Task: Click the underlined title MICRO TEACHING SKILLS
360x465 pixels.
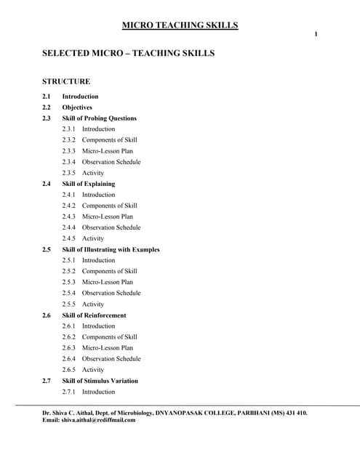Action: tap(180, 25)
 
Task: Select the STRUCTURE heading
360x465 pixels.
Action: tap(66, 81)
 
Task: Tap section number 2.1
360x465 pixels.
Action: tap(47, 97)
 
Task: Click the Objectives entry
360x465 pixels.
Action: tap(77, 108)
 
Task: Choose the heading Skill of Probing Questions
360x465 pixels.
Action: tap(99, 118)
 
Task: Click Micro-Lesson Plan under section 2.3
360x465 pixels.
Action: tap(107, 151)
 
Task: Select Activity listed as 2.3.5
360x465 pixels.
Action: tap(92, 173)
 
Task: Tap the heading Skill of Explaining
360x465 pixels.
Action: tap(88, 184)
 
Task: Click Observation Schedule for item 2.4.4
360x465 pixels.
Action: tap(111, 227)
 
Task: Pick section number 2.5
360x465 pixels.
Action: tap(47, 250)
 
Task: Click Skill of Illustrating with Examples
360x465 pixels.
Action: tap(111, 250)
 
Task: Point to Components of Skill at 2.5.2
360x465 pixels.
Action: tap(109, 271)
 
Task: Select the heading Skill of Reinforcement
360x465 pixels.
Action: tap(94, 315)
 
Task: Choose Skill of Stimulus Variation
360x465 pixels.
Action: tap(100, 381)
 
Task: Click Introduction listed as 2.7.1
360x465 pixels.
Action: tap(98, 392)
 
